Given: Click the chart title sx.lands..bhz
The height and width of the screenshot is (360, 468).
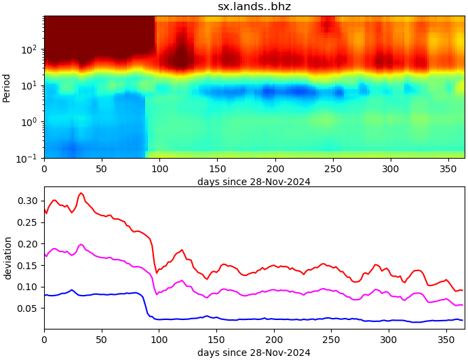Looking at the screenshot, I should pyautogui.click(x=254, y=7).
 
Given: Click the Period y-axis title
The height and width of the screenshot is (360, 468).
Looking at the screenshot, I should pyautogui.click(x=7, y=87).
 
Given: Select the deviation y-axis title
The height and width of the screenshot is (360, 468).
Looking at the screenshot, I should pyautogui.click(x=7, y=258).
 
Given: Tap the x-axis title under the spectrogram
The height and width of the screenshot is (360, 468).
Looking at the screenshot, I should pyautogui.click(x=254, y=181).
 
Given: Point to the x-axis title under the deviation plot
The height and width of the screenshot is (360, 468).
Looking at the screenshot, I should pyautogui.click(x=254, y=353).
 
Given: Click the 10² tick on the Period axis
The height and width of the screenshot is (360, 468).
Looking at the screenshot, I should pyautogui.click(x=31, y=49).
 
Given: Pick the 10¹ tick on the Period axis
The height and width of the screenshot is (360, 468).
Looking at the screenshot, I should pyautogui.click(x=31, y=85).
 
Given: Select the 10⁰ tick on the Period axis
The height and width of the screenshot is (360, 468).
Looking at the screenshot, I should pyautogui.click(x=31, y=122).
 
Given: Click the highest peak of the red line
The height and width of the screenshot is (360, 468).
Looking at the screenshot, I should pyautogui.click(x=81, y=193).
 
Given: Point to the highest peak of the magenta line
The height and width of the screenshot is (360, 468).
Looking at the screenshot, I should pyautogui.click(x=81, y=245).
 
